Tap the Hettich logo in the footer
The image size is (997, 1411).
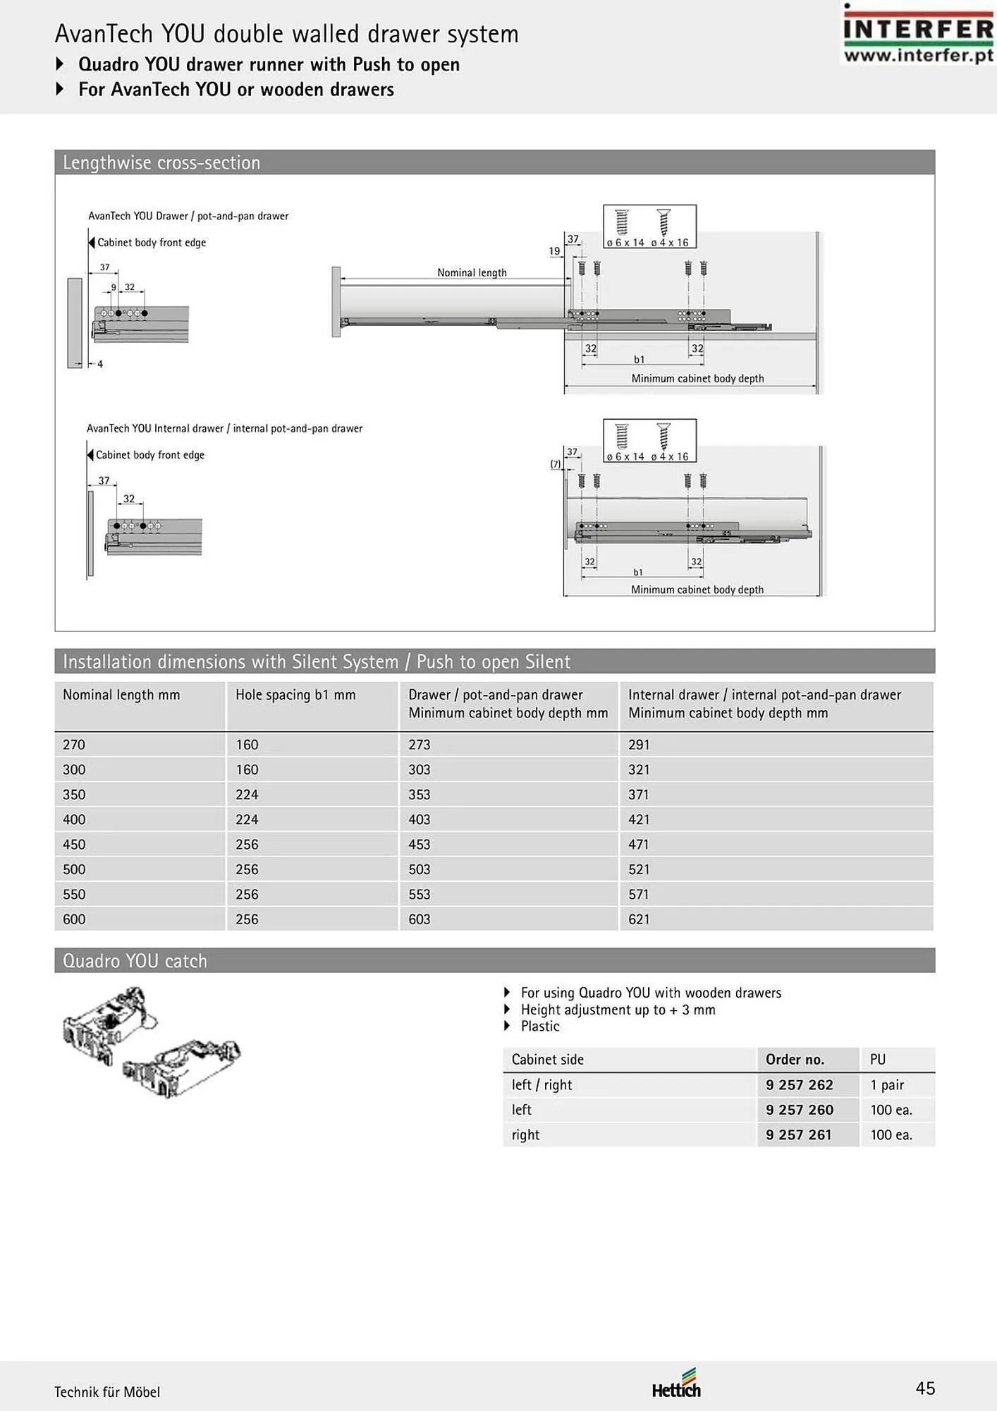(676, 1385)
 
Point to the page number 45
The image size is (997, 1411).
(925, 1388)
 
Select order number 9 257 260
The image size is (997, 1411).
(800, 1110)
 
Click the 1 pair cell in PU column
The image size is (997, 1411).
(887, 1085)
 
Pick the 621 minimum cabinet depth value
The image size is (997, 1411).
(639, 919)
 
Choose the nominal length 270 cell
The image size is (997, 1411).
(74, 744)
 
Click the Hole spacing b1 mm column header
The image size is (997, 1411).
(295, 695)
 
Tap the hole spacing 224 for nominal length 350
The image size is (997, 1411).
(247, 794)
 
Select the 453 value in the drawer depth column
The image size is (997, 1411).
(420, 844)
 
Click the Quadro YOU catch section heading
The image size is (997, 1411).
(135, 961)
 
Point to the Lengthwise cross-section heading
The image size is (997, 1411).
(161, 163)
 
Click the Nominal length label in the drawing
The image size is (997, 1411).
(472, 272)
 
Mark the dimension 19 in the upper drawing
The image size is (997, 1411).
(554, 251)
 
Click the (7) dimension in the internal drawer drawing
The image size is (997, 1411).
(556, 464)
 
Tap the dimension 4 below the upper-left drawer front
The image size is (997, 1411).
(100, 364)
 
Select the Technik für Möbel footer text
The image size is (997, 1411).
(107, 1392)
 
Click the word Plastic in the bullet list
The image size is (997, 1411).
(540, 1027)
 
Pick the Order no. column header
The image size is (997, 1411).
(795, 1060)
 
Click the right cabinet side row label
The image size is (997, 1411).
(525, 1135)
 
